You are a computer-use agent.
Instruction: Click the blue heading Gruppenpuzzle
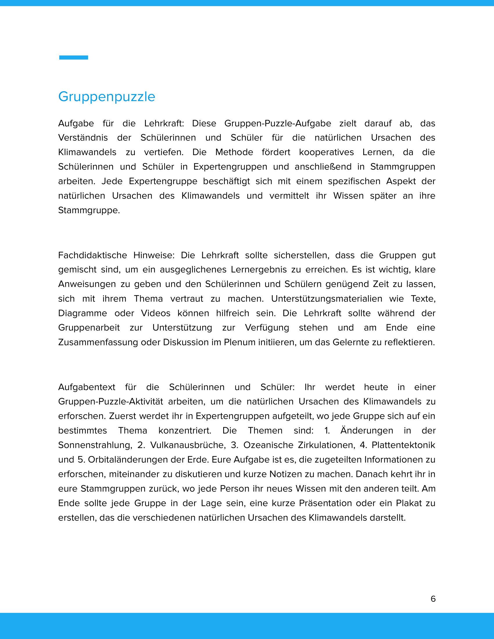[107, 96]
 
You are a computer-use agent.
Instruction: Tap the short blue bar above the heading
[74, 58]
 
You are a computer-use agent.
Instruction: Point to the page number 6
[433, 599]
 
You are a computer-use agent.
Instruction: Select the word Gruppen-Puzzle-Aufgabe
[278, 123]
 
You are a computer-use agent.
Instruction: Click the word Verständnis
[83, 138]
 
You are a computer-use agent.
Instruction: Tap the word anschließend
[323, 167]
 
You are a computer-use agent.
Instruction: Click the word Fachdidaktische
[92, 255]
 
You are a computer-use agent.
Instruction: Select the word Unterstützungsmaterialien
[327, 299]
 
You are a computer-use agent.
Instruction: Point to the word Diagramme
[83, 313]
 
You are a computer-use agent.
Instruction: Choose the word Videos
[156, 313]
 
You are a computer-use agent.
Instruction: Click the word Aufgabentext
[87, 387]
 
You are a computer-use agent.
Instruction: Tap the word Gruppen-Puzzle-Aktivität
[111, 402]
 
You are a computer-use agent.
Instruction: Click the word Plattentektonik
[403, 445]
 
